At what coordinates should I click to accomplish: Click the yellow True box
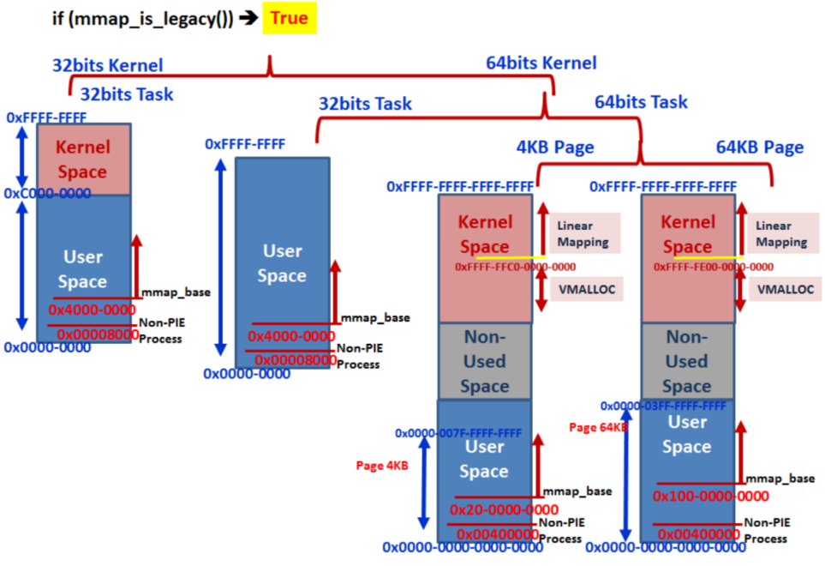(x=289, y=18)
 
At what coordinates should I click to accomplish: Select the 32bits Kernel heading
(x=108, y=64)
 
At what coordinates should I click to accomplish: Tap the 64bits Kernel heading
(x=541, y=63)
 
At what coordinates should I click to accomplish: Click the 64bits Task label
(x=641, y=102)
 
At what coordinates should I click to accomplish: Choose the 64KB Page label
(x=759, y=147)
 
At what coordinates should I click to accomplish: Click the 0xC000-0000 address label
(x=48, y=194)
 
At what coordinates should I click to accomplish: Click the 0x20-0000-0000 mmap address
(x=504, y=509)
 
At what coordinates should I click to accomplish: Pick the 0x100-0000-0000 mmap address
(x=710, y=497)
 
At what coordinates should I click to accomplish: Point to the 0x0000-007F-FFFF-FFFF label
(x=457, y=434)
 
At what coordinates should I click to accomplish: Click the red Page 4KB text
(x=381, y=466)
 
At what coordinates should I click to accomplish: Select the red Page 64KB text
(x=598, y=426)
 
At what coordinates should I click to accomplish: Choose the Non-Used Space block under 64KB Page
(x=686, y=361)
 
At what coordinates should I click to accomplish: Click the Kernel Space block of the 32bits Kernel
(x=82, y=160)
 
